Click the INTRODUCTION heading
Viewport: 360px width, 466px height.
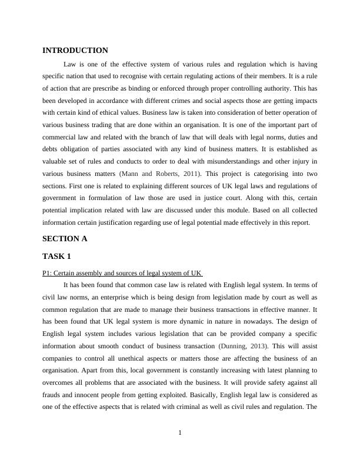75,51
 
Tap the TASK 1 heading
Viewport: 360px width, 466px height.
58,257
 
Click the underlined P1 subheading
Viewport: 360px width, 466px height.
122,273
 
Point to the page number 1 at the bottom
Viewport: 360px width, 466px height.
180,434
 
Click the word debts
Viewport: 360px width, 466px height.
51,149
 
